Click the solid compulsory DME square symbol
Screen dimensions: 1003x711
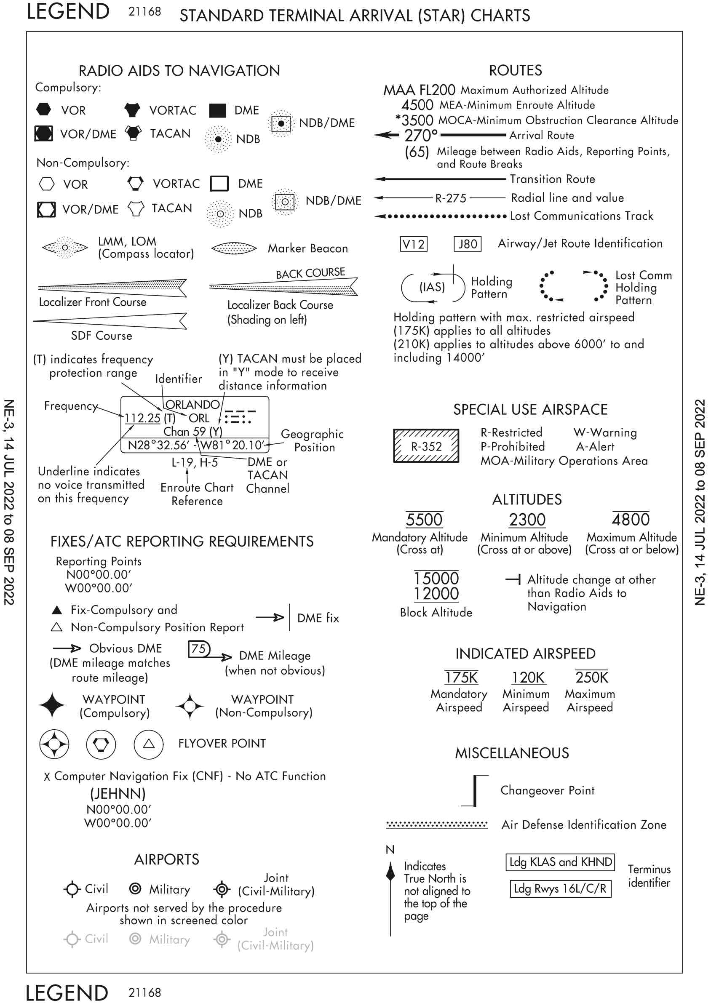218,111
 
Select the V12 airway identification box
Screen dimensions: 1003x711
413,244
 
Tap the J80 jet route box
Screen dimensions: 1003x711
467,244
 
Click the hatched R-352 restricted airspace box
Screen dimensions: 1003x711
426,445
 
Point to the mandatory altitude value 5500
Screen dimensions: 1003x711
424,520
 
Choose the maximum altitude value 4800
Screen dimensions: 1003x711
631,520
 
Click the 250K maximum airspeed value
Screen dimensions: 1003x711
591,677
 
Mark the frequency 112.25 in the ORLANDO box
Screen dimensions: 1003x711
142,418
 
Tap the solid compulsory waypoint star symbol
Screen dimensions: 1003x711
52,705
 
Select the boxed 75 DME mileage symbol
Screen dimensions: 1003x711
199,648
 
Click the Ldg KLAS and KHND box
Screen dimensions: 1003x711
560,862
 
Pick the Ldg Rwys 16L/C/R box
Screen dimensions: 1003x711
560,888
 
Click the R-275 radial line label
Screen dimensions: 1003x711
451,198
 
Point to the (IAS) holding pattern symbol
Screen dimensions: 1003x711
433,288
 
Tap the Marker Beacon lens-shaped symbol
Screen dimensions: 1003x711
234,248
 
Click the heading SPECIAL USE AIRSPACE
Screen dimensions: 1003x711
530,409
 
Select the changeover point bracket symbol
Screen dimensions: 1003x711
475,790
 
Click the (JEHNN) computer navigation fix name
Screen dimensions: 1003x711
118,793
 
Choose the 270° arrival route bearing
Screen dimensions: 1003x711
421,136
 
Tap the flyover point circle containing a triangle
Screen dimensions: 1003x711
149,744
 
